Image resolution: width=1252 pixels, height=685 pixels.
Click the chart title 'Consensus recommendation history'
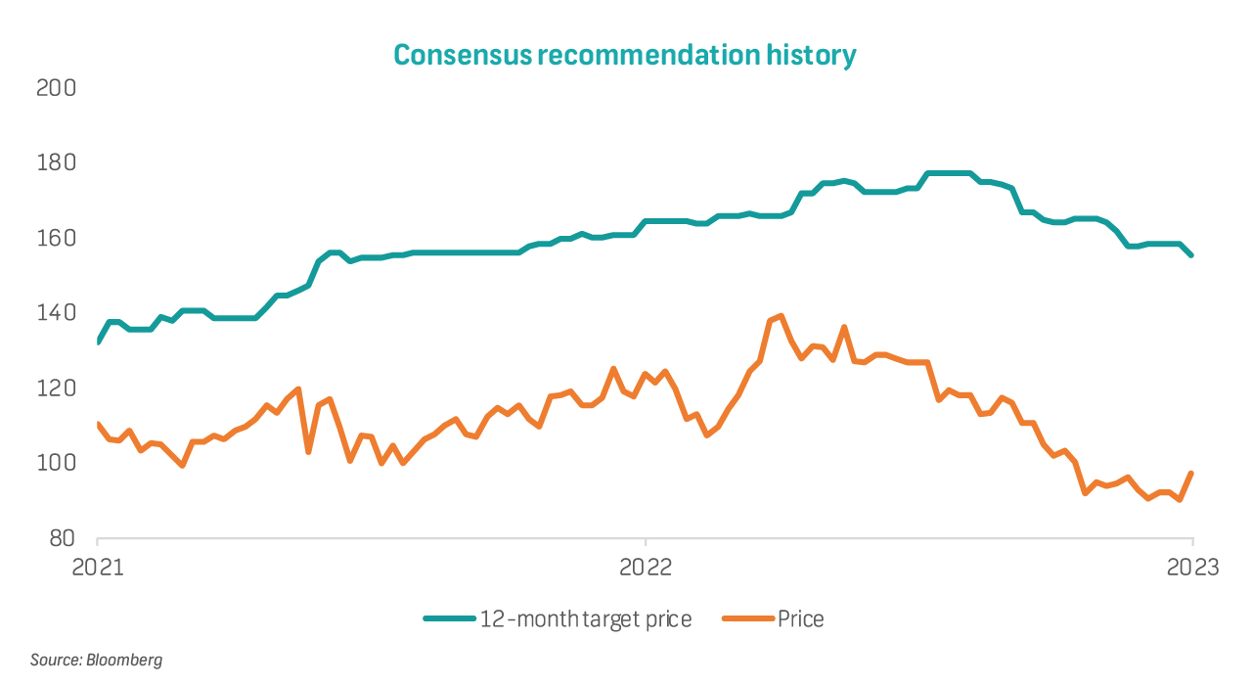(624, 55)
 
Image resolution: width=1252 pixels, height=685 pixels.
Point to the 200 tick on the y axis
(57, 88)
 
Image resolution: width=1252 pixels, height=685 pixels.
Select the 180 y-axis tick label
(57, 163)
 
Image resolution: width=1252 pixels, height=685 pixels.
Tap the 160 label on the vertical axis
(57, 239)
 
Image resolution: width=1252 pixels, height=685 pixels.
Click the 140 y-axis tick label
(57, 313)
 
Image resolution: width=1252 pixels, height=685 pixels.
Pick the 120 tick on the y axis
(57, 388)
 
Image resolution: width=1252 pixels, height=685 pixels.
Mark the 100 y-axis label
(57, 464)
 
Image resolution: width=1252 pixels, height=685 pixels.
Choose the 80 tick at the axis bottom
(61, 539)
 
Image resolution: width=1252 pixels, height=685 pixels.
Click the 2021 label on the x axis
(98, 567)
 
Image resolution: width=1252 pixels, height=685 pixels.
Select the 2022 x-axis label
(646, 567)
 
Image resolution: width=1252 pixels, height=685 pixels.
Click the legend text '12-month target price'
(585, 618)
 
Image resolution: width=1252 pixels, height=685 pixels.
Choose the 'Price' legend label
(800, 618)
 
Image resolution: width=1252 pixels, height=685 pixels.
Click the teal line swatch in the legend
(448, 618)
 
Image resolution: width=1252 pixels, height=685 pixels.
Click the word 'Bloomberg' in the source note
(124, 661)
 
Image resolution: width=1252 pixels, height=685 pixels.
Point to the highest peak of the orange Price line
(781, 316)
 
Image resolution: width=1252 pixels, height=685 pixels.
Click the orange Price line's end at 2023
(1191, 474)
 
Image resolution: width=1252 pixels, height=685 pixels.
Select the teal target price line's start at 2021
(98, 341)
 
